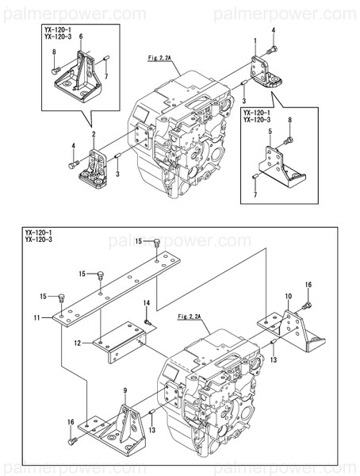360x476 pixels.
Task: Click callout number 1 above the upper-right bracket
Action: click(255, 40)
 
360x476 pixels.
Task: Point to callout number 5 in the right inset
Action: click(270, 130)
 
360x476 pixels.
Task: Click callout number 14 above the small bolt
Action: click(147, 303)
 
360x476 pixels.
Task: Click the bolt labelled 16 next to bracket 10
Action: click(308, 304)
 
